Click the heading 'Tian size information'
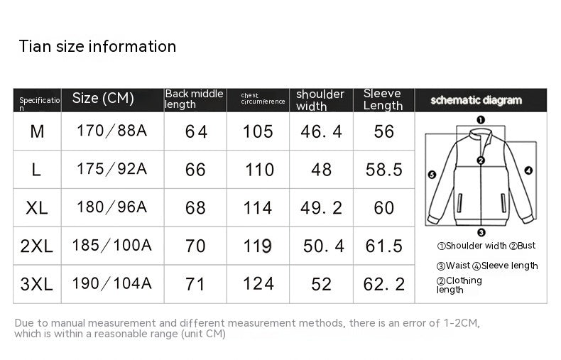coord(97,47)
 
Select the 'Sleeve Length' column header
coord(383,99)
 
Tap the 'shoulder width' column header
coord(320,100)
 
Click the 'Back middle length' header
coord(194,99)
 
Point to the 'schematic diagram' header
coord(476,100)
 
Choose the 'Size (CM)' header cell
coord(103,98)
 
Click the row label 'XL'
coord(36,208)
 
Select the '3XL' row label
coord(36,284)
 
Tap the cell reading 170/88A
coord(112,131)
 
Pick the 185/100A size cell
coord(112,246)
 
